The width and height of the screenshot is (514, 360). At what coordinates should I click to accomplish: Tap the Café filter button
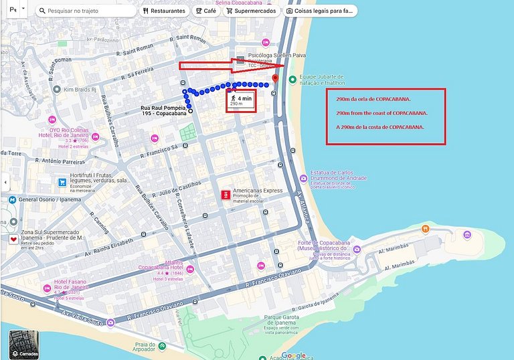[206, 11]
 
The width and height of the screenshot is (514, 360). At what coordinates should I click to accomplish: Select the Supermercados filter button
[251, 11]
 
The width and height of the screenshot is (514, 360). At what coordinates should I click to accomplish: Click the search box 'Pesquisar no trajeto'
[87, 11]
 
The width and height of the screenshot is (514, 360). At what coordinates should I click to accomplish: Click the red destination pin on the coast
[274, 79]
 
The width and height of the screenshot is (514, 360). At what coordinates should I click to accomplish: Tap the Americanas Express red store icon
[226, 194]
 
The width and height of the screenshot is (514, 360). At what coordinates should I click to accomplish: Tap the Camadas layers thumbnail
[24, 345]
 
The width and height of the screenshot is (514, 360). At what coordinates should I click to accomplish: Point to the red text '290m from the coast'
[381, 113]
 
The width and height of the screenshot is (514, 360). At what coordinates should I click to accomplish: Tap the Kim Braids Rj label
[80, 89]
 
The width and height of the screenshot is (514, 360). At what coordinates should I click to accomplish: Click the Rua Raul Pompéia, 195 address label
[164, 111]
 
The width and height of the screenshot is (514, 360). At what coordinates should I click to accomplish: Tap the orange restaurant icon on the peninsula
[425, 229]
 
